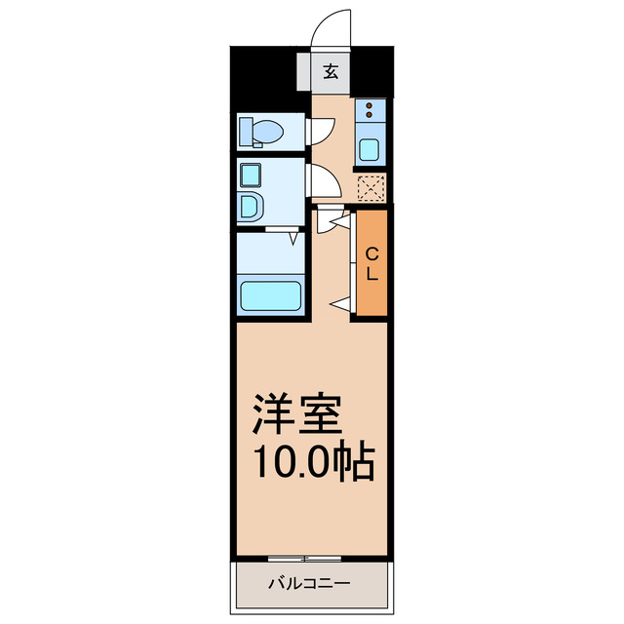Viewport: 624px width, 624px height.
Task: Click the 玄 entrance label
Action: [331, 70]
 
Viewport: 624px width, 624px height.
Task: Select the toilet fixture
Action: [261, 131]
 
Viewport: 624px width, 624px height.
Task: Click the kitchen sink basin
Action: [370, 149]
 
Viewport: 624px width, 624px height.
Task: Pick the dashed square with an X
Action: [370, 187]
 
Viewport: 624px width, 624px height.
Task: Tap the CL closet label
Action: [371, 263]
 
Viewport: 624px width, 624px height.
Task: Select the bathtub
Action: [270, 295]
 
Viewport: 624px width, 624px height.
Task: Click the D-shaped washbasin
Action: [250, 208]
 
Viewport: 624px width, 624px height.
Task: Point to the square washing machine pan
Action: [250, 176]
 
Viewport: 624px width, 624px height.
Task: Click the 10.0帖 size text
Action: [314, 462]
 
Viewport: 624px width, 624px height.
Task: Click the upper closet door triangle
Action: [338, 223]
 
